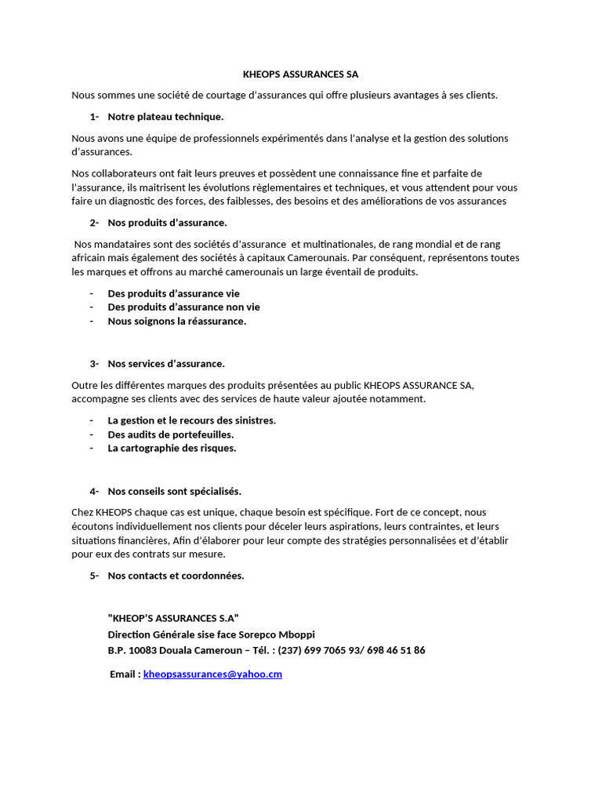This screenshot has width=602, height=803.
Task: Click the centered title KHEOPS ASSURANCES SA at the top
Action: [300, 74]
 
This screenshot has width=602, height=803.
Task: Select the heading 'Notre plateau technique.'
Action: [165, 117]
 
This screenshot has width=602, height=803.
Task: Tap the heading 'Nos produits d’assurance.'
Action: [167, 223]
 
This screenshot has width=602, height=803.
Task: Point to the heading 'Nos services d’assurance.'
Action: [166, 364]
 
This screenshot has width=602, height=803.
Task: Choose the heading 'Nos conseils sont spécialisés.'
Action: [174, 492]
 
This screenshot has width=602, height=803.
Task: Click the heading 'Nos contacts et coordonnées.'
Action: [176, 576]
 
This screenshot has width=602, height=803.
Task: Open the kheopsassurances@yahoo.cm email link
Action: [212, 674]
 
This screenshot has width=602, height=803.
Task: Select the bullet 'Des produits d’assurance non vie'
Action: [183, 307]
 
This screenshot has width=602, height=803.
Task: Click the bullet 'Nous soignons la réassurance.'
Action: [176, 322]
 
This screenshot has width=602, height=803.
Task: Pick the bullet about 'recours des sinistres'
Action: [191, 420]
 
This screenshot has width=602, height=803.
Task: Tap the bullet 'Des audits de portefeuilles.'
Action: [171, 434]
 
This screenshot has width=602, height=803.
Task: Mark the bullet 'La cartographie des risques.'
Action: [172, 449]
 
